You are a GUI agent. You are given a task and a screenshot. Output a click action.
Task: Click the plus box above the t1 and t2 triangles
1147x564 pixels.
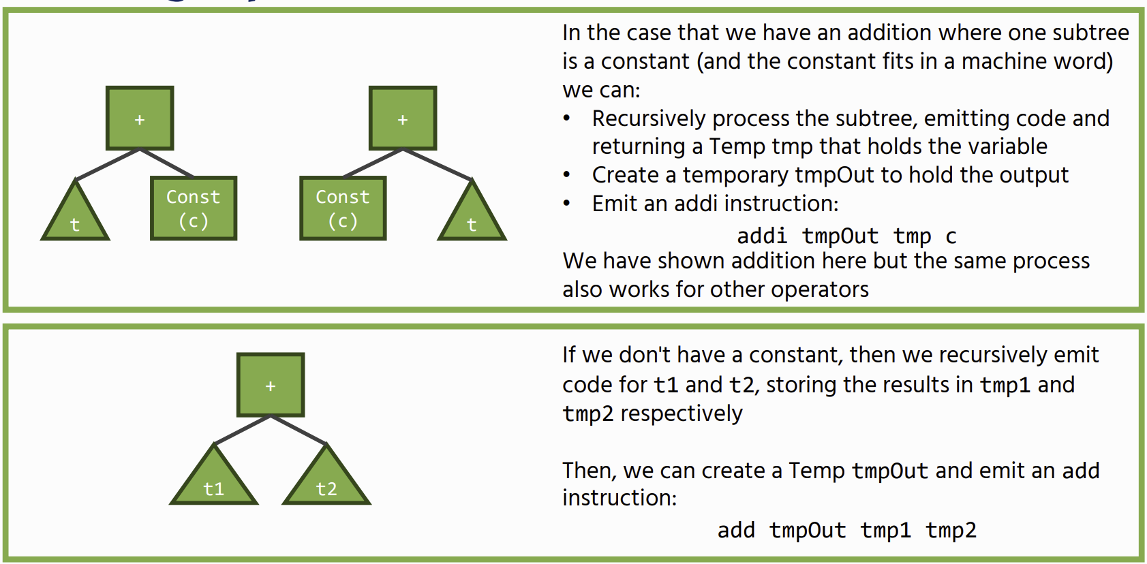click(x=271, y=385)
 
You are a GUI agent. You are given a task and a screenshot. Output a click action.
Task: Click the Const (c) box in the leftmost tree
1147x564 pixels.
click(x=194, y=208)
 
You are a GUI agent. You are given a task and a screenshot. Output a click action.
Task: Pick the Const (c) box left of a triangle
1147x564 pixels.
click(x=343, y=208)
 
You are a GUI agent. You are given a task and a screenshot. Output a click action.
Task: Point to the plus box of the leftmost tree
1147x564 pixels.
click(x=140, y=119)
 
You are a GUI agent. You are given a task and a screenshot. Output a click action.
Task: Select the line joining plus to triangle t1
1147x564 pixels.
click(x=242, y=430)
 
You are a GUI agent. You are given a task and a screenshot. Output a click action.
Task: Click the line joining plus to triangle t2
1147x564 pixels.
click(x=299, y=430)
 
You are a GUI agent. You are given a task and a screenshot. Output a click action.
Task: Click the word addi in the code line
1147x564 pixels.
click(x=762, y=236)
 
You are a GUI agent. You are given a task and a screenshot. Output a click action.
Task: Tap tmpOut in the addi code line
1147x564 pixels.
click(x=840, y=236)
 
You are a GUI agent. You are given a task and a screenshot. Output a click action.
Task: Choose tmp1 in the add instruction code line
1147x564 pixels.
click(x=886, y=530)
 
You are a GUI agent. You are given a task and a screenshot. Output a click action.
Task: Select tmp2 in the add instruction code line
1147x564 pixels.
click(x=951, y=530)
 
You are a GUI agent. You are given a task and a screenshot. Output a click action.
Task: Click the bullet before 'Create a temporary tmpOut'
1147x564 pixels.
click(x=567, y=175)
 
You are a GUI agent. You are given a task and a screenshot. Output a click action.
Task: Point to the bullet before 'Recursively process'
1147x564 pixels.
click(x=567, y=119)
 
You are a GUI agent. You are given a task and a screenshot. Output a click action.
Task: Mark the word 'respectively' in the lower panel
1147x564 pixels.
click(x=681, y=413)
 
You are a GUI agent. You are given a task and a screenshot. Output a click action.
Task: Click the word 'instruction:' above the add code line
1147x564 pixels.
click(x=620, y=497)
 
